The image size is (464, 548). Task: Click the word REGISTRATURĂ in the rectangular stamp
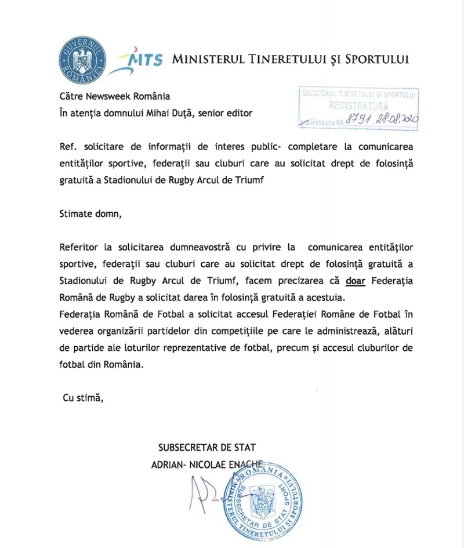[x=358, y=106]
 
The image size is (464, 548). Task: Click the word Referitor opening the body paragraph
[x=79, y=248]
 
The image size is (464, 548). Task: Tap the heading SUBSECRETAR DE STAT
[x=207, y=447]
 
